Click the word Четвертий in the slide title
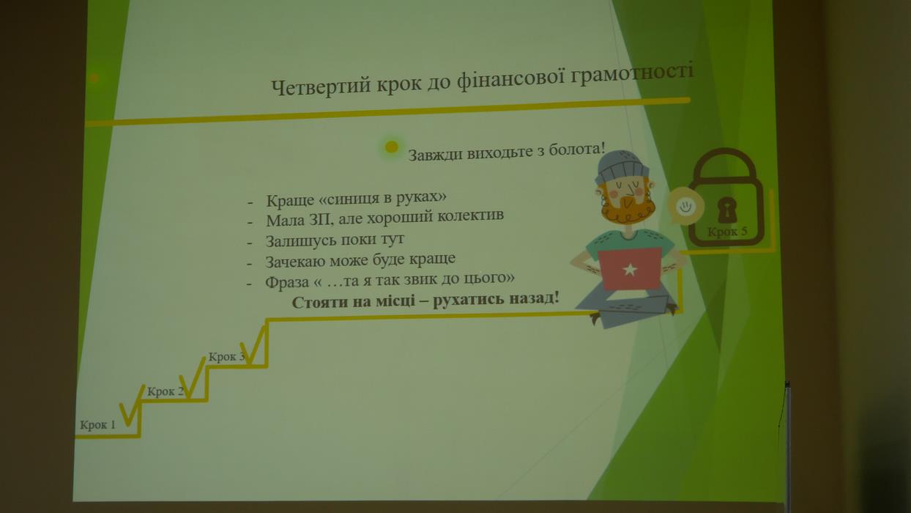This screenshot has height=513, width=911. coord(321,86)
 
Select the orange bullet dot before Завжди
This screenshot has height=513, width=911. coord(391,147)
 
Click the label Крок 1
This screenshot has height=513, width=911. coord(97,425)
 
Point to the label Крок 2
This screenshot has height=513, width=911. coord(166,391)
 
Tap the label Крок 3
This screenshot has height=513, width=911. coord(226,357)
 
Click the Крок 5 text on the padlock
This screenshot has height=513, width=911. coord(727,232)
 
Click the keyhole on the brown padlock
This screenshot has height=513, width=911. coord(727,210)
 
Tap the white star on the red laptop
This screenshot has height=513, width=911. coord(630,269)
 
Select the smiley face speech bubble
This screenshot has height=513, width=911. coord(686,206)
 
